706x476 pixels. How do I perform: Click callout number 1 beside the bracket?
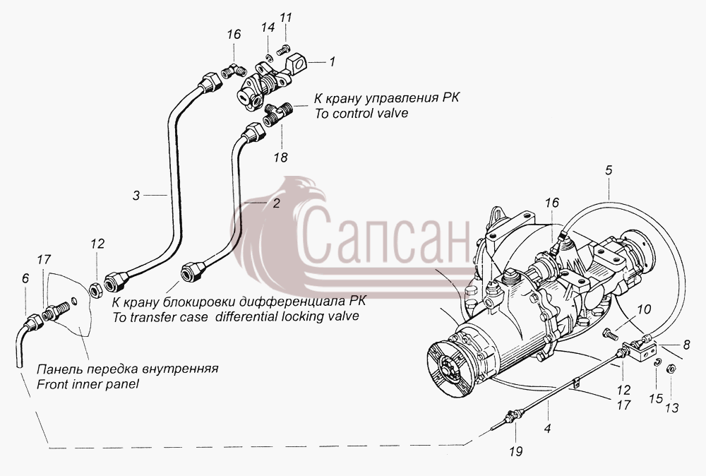tap(332, 61)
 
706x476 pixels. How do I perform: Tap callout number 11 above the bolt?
tap(285, 18)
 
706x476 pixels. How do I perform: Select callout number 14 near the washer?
tap(268, 28)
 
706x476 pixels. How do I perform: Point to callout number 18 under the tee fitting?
tap(280, 157)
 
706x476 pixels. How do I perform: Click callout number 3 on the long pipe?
tap(136, 196)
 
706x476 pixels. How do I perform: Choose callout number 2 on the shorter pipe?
tap(276, 203)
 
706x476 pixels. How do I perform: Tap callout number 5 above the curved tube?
tap(609, 170)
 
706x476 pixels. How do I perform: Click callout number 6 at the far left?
tap(25, 279)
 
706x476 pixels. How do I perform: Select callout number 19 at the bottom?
tap(517, 451)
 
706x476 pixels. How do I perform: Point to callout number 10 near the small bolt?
tap(644, 309)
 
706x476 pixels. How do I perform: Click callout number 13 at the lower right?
tap(672, 408)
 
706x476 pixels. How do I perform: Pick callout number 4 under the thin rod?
tap(547, 428)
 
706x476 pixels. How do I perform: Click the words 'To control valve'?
tap(361, 112)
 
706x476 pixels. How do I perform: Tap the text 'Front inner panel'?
tap(88, 384)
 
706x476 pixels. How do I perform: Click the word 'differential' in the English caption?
tap(246, 316)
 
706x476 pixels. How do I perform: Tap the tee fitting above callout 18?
tap(277, 114)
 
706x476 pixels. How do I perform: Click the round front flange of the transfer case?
tap(449, 367)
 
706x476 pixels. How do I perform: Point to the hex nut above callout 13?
tap(669, 369)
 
